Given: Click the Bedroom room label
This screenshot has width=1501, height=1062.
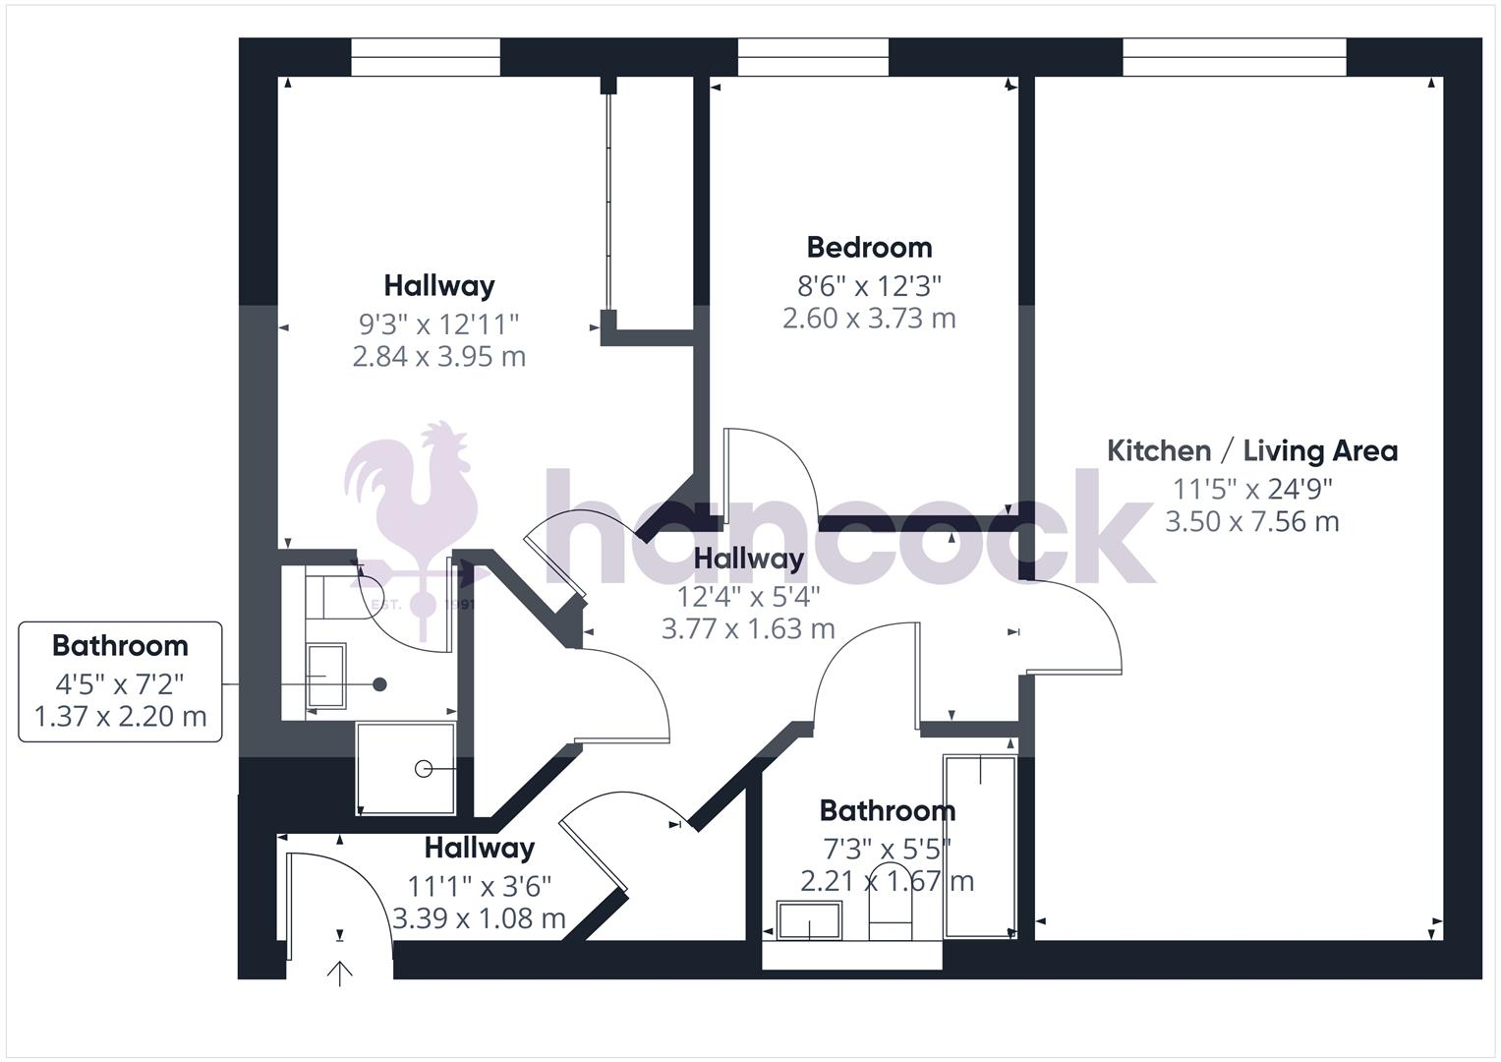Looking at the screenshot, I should (x=869, y=247).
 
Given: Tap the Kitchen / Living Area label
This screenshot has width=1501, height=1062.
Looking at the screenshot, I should (x=1251, y=451).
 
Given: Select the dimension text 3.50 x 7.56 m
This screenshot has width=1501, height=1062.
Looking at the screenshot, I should (x=1251, y=521).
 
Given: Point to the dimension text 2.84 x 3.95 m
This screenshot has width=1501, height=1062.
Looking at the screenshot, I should (x=438, y=356).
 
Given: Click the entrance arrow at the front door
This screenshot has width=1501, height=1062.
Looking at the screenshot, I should (x=340, y=973).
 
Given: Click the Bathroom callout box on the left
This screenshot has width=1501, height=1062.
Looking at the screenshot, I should (x=121, y=681).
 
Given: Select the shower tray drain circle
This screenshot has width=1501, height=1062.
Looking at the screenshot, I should (x=424, y=769).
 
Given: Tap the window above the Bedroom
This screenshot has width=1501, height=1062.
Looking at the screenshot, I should (x=813, y=57).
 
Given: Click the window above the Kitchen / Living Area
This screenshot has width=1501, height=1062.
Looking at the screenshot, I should (x=1234, y=57).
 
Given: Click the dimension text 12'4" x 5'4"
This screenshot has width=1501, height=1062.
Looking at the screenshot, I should (x=748, y=596).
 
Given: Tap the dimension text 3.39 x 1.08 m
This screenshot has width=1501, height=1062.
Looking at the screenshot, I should (x=479, y=918).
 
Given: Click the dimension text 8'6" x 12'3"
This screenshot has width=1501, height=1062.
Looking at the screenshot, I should (x=869, y=286).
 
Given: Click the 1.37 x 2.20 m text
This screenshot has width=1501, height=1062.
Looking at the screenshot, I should (x=121, y=716).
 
